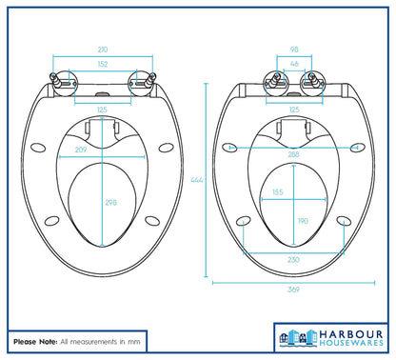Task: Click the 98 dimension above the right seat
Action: pos(293,48)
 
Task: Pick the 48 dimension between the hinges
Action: pos(293,64)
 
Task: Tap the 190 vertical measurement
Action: pos(304,220)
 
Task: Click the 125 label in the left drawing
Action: pos(100,110)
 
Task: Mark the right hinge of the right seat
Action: pos(311,81)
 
